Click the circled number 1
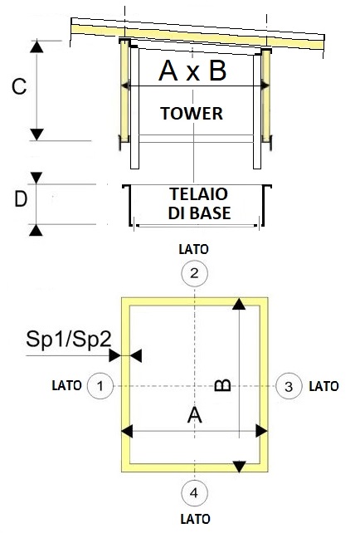pyautogui.click(x=100, y=386)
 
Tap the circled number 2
pyautogui.click(x=194, y=273)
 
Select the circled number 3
pyautogui.click(x=289, y=386)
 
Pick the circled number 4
pyautogui.click(x=194, y=492)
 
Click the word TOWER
pyautogui.click(x=192, y=113)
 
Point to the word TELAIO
pyautogui.click(x=199, y=194)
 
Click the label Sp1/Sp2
pyautogui.click(x=69, y=340)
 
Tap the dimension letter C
pyautogui.click(x=19, y=86)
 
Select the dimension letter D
pyautogui.click(x=21, y=199)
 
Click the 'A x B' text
pyautogui.click(x=192, y=71)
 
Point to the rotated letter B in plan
pyautogui.click(x=223, y=385)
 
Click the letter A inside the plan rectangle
pyautogui.click(x=195, y=415)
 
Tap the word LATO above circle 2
pyautogui.click(x=193, y=249)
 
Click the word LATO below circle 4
pyautogui.click(x=195, y=519)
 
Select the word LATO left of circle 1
pyautogui.click(x=66, y=385)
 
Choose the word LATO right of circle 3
pyautogui.click(x=324, y=386)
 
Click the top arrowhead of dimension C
pyautogui.click(x=36, y=46)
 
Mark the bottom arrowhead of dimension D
pyautogui.click(x=36, y=230)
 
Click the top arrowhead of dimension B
pyautogui.click(x=239, y=304)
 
